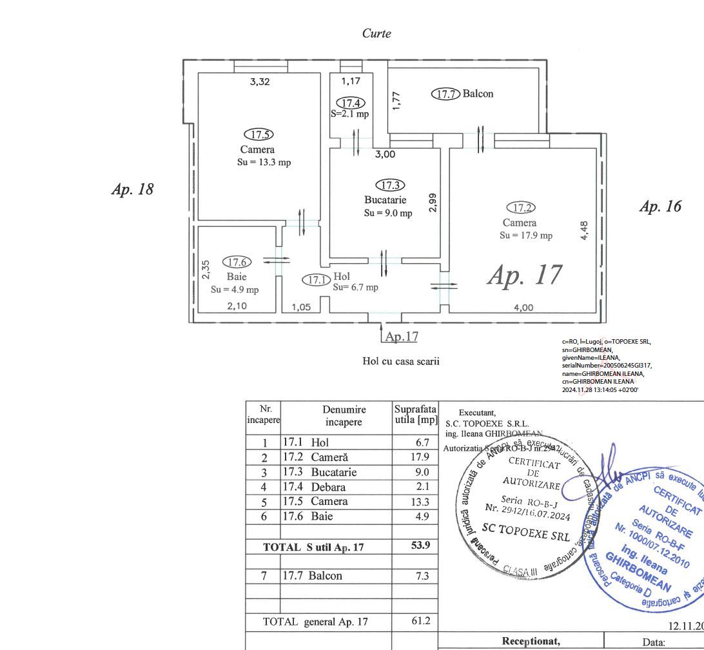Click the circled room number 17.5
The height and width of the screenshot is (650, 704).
pyautogui.click(x=259, y=135)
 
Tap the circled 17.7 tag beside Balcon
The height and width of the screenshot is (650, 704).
pyautogui.click(x=445, y=94)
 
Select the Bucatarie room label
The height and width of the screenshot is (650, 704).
pyautogui.click(x=385, y=200)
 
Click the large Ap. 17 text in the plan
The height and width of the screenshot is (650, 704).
pyautogui.click(x=525, y=275)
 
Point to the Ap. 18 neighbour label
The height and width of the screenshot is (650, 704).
pyautogui.click(x=133, y=190)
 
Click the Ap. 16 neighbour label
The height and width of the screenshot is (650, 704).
pyautogui.click(x=660, y=206)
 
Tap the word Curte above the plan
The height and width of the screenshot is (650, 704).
pyautogui.click(x=376, y=34)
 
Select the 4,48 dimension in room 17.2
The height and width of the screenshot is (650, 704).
pyautogui.click(x=585, y=231)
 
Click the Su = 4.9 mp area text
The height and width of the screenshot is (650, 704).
pyautogui.click(x=235, y=290)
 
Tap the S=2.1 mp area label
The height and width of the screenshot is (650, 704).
pyautogui.click(x=350, y=113)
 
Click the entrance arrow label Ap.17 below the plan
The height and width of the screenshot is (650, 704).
pyautogui.click(x=402, y=336)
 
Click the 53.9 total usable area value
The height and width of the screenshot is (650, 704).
pyautogui.click(x=420, y=546)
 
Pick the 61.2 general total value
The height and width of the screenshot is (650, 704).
pyautogui.click(x=420, y=622)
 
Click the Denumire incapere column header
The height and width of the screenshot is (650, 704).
pyautogui.click(x=344, y=416)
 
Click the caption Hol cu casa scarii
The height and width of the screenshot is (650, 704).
pyautogui.click(x=401, y=361)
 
